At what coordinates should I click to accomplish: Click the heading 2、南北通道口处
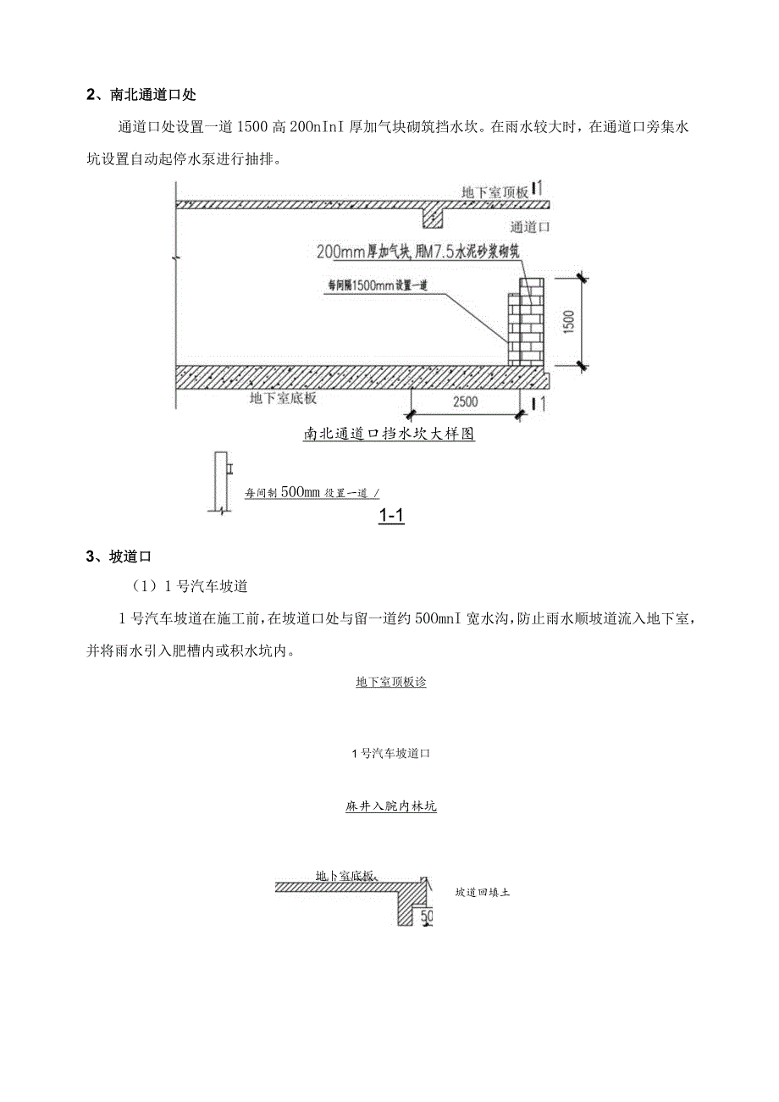click(x=141, y=94)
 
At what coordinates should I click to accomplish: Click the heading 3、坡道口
click(x=118, y=557)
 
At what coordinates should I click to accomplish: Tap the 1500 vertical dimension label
click(x=568, y=321)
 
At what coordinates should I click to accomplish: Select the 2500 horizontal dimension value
click(x=466, y=401)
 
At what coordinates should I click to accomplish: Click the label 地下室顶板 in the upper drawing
click(x=494, y=192)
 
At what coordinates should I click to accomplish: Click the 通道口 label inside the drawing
click(x=532, y=227)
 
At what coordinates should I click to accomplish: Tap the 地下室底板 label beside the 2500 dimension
click(x=283, y=396)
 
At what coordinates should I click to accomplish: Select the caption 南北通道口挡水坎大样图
click(x=389, y=435)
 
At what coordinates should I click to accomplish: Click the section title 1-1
click(x=390, y=514)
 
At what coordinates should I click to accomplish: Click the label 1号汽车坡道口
click(x=390, y=753)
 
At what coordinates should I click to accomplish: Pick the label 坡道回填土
click(x=482, y=892)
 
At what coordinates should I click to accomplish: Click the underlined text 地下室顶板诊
click(x=390, y=682)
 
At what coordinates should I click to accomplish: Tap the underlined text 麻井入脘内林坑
click(x=390, y=807)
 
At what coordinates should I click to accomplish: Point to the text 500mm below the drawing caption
click(x=301, y=492)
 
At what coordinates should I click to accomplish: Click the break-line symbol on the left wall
click(x=175, y=257)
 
